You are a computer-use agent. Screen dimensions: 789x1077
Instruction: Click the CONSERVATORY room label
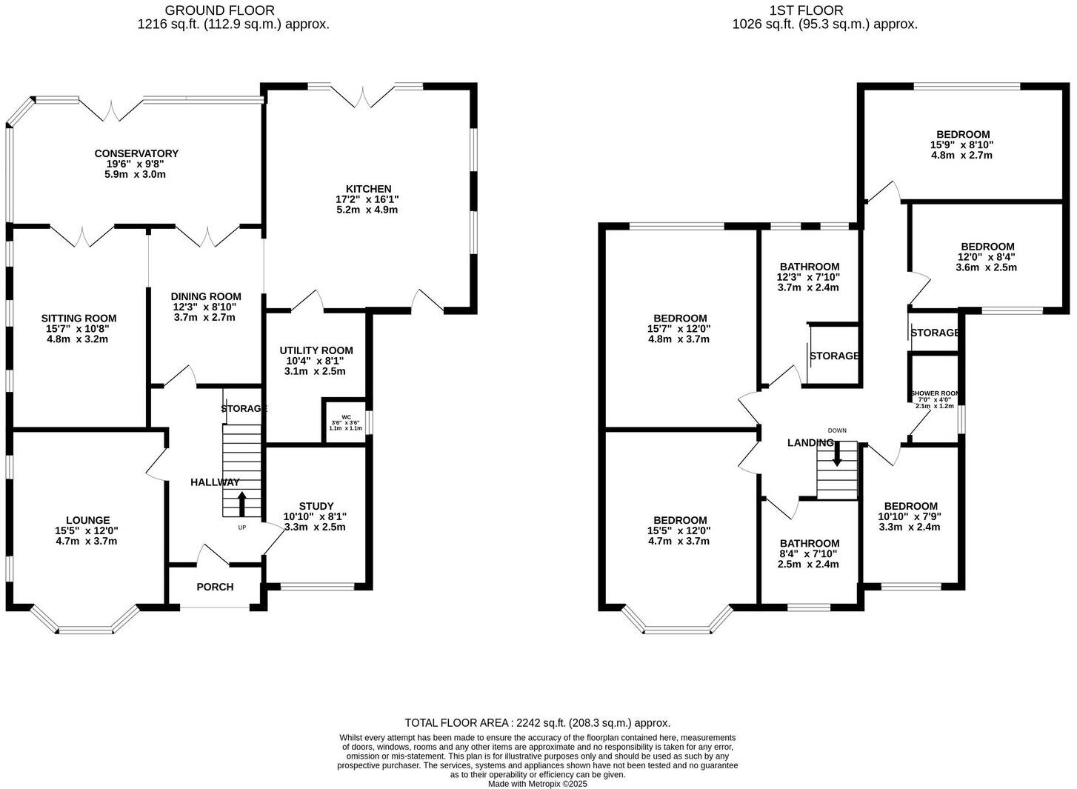click(136, 153)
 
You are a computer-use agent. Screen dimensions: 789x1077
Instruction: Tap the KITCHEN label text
click(367, 189)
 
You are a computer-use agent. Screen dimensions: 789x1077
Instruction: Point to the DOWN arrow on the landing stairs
click(837, 453)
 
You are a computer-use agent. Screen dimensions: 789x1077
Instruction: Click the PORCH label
click(215, 587)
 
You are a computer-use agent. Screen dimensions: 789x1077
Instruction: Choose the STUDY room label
click(316, 506)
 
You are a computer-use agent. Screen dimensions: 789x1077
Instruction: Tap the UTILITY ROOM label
click(316, 350)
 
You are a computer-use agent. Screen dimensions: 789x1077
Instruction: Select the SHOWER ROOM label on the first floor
click(934, 393)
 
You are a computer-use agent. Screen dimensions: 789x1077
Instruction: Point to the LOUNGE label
click(87, 520)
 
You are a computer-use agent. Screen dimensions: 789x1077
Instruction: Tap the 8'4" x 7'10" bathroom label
click(809, 543)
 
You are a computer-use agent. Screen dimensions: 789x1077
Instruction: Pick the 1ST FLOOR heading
click(806, 10)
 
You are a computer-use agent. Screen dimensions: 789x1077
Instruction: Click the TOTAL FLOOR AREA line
click(537, 722)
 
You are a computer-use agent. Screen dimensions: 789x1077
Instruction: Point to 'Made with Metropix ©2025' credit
click(537, 783)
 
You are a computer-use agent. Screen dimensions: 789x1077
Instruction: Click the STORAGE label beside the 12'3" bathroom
click(834, 356)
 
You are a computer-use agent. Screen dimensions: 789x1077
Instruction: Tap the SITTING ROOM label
click(79, 319)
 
